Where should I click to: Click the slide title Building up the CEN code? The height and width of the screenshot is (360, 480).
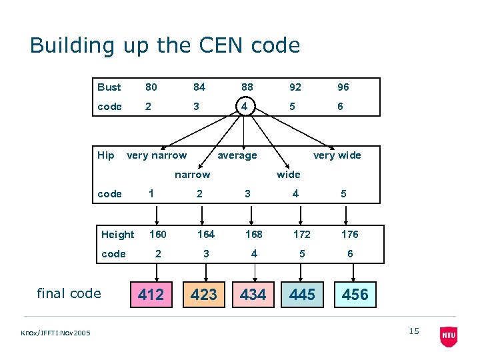(x=165, y=45)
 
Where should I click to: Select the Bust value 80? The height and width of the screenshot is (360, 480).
(x=151, y=87)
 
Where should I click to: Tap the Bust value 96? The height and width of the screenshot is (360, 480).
(x=343, y=87)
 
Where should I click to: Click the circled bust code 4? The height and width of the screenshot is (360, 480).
(x=246, y=107)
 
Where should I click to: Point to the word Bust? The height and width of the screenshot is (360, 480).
(x=109, y=87)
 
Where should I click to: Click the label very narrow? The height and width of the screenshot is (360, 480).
(x=157, y=155)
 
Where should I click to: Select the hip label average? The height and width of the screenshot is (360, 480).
(x=237, y=155)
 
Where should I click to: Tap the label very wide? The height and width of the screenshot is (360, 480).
(x=337, y=155)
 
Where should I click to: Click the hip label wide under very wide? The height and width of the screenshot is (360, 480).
(x=288, y=175)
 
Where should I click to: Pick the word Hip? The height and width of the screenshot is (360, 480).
(x=106, y=155)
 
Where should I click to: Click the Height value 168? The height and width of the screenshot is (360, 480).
(x=253, y=234)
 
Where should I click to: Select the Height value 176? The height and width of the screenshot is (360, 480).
(x=349, y=234)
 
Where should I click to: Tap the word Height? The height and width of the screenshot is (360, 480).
(x=117, y=234)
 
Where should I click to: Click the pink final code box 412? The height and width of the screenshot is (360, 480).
(x=151, y=295)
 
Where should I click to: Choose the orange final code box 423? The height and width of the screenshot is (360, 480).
(x=203, y=295)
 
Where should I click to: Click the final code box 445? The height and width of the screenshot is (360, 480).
(x=302, y=295)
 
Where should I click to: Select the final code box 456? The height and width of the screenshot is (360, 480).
(x=355, y=295)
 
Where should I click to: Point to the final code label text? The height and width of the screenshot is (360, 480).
(x=69, y=293)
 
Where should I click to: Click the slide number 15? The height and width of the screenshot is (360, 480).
(x=414, y=331)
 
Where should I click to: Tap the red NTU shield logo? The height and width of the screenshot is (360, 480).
(x=449, y=336)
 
